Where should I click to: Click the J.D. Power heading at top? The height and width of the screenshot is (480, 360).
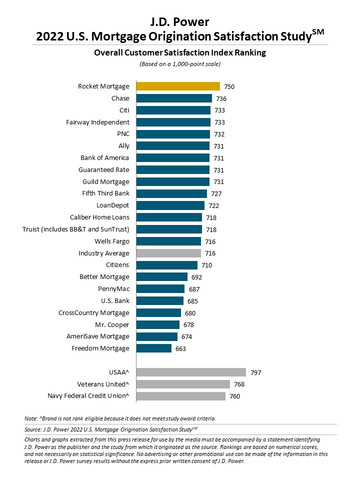180,11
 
